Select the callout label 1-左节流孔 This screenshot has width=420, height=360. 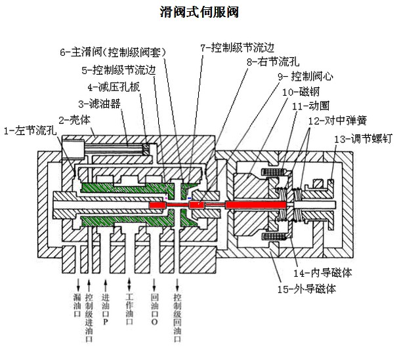click(x=31, y=130)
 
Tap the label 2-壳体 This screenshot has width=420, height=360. click(x=74, y=119)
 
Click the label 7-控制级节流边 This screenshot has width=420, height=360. click(x=237, y=47)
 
